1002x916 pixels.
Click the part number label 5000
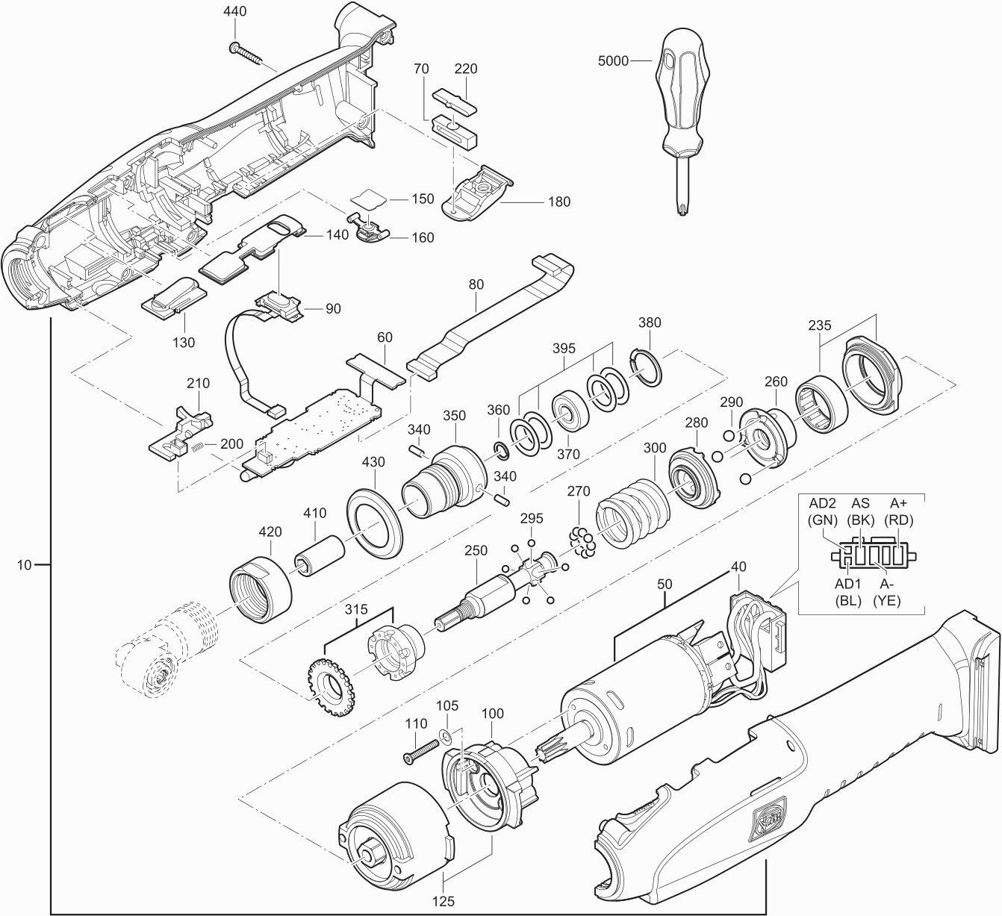pos(614,61)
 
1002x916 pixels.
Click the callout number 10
pos(25,565)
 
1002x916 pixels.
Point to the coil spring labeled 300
pos(635,514)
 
